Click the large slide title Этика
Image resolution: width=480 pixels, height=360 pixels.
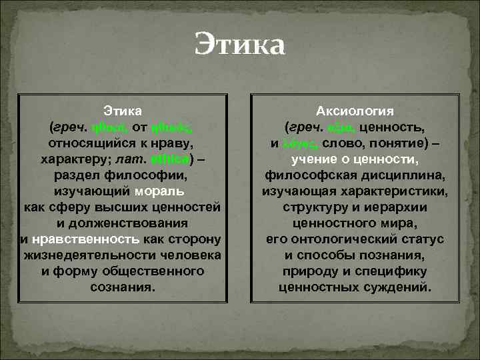240,47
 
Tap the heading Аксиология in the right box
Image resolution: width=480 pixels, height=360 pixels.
355,111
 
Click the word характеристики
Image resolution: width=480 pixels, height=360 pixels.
401,192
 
